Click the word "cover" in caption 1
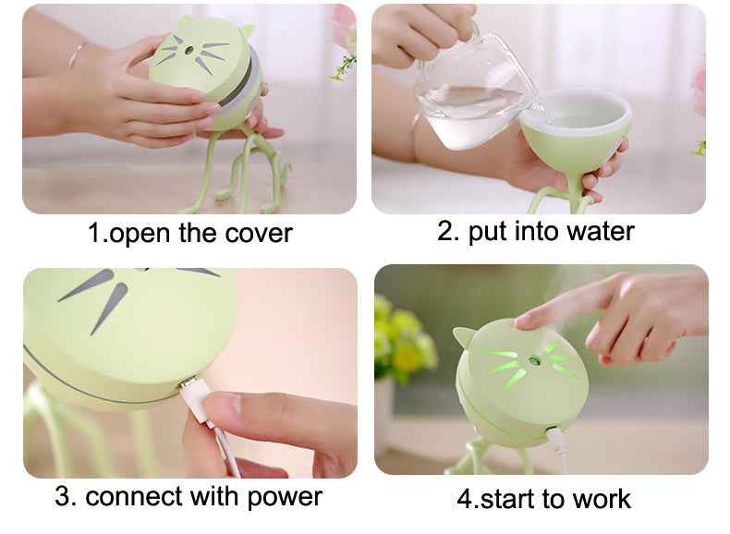coord(259,233)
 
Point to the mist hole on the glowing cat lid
coord(532,359)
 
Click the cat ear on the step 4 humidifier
coord(463,336)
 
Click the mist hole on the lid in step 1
coord(189,50)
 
